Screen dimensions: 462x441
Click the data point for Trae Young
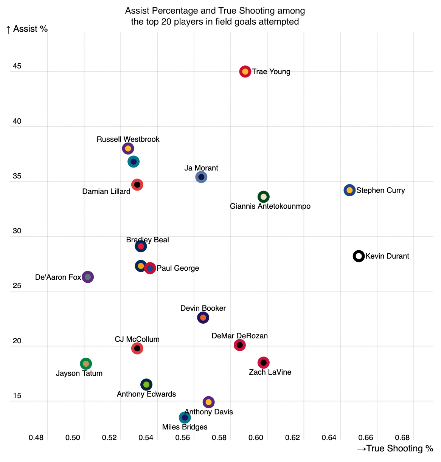coord(245,71)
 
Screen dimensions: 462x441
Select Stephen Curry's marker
coord(349,190)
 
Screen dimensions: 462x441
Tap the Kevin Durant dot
coord(359,256)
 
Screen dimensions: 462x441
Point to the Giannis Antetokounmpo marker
coord(264,197)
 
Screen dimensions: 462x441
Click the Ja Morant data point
coord(201,177)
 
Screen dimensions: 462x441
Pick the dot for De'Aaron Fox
coord(88,277)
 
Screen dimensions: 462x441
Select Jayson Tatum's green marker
coord(86,364)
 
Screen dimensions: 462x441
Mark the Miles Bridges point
coord(185,417)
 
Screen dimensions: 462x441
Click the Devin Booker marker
coord(203,318)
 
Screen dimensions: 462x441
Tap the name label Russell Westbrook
coord(128,140)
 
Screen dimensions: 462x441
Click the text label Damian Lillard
coord(106,192)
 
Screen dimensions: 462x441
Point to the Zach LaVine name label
coord(270,372)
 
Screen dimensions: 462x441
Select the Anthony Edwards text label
coord(146,394)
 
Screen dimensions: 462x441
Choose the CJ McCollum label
coord(137,340)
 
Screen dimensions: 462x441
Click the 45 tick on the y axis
coord(17,67)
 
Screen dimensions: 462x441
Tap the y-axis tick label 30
coord(17,231)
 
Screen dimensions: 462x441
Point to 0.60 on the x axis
coord(256,438)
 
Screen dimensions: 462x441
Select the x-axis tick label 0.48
coord(36,438)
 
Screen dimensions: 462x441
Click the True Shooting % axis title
coord(395,449)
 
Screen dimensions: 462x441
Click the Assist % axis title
coord(27,29)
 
